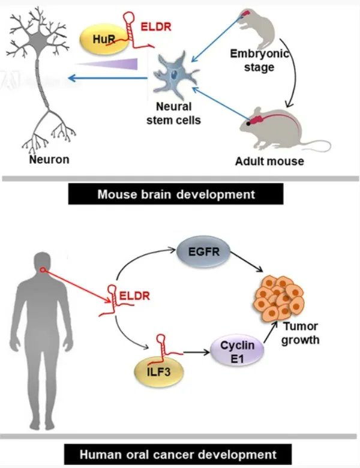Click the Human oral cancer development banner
pos(178,454)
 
